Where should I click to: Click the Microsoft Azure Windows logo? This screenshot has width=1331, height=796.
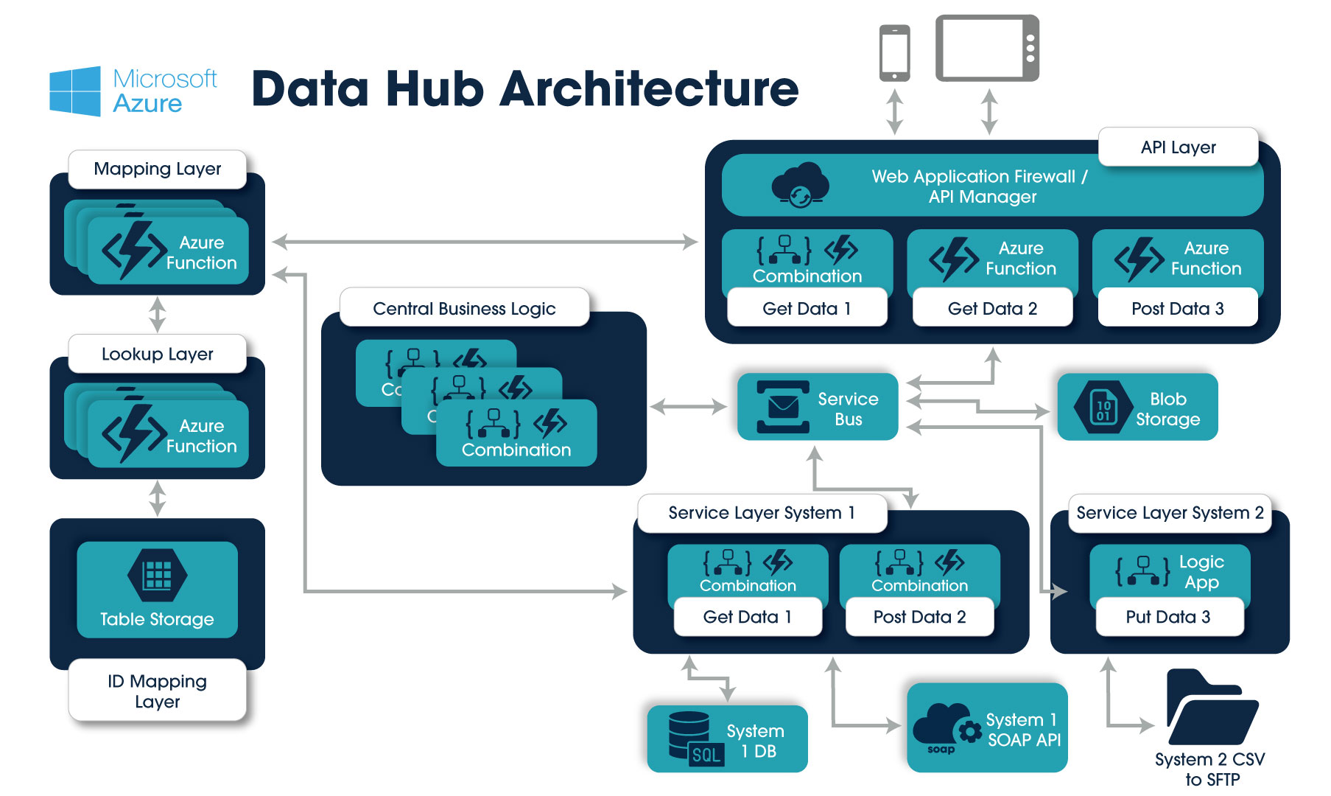click(x=75, y=91)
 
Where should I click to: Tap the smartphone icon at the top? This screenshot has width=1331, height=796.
click(x=894, y=52)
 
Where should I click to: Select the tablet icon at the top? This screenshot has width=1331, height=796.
click(x=987, y=48)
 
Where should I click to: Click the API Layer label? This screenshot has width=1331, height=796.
click(x=1178, y=147)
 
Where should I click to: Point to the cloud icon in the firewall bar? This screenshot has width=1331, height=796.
click(x=800, y=185)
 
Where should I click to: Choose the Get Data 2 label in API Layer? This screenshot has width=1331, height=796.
click(x=992, y=309)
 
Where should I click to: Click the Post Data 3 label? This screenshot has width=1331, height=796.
click(x=1177, y=309)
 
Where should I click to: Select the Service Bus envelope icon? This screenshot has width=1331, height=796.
click(x=782, y=406)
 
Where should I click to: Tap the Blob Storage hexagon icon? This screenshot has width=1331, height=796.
click(x=1103, y=406)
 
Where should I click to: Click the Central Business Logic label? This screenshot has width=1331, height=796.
click(x=464, y=308)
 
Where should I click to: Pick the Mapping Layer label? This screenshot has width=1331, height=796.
click(x=157, y=169)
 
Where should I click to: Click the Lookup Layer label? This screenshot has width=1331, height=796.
click(x=157, y=354)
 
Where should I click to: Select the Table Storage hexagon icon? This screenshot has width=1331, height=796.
click(x=157, y=575)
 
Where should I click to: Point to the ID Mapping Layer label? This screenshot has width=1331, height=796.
click(x=157, y=691)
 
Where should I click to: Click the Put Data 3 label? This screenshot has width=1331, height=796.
click(x=1168, y=617)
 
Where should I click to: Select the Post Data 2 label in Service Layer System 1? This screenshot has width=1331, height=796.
click(x=919, y=617)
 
